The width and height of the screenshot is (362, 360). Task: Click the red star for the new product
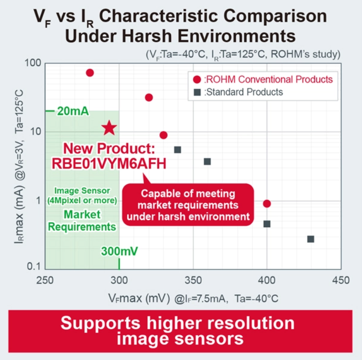[x=109, y=128]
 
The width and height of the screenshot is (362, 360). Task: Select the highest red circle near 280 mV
[x=90, y=73]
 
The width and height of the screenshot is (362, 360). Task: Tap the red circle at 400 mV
[x=267, y=204]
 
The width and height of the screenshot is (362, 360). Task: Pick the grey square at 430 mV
[x=311, y=239]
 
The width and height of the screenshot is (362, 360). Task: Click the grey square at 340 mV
[x=177, y=150]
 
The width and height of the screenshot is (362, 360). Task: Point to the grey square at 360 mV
[x=207, y=161]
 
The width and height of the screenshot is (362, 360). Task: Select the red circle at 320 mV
[x=149, y=97]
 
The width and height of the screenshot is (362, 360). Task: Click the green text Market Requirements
[x=83, y=220]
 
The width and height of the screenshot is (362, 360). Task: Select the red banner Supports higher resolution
[x=181, y=331]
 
